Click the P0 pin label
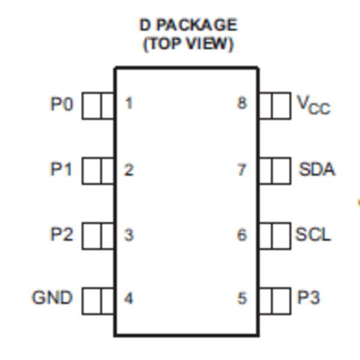coord(62,104)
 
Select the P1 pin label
coord(61,169)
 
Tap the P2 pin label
coord(62,234)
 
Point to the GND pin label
coord(52,298)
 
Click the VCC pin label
coord(314,105)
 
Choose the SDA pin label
coord(317,169)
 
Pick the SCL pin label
coord(313,235)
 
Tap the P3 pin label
coord(308,298)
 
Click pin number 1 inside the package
coord(129,103)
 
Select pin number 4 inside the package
coord(128,298)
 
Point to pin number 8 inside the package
coord(242,103)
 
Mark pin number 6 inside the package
coord(242,235)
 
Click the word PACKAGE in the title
coord(197,25)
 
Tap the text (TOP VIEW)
coord(188,44)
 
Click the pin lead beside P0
coord(98,106)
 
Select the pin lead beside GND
coord(98,301)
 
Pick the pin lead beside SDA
coord(275,171)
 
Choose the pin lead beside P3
coord(275,301)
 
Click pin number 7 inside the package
coord(242,170)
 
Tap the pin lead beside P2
coord(98,236)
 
